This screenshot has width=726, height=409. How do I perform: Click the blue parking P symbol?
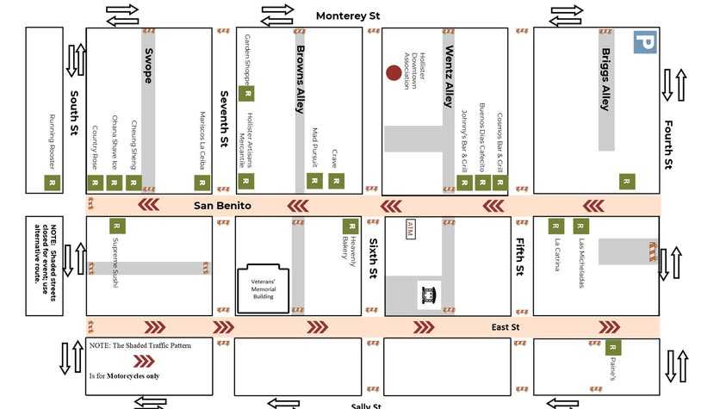[x=644, y=42]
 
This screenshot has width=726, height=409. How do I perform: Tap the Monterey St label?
[x=348, y=15]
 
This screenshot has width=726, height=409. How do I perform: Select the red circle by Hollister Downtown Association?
[x=393, y=73]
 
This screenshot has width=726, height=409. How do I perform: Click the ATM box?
[x=410, y=228]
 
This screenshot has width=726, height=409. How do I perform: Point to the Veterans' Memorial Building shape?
[x=264, y=288]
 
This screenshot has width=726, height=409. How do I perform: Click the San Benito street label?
[x=222, y=206]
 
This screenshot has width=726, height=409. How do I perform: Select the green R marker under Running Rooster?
[x=52, y=183]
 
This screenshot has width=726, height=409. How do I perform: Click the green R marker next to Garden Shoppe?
[x=247, y=93]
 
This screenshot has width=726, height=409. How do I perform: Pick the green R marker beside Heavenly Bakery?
[x=351, y=226]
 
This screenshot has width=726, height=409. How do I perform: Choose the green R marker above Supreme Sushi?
[x=118, y=226]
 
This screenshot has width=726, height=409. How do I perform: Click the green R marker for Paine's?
[x=612, y=347]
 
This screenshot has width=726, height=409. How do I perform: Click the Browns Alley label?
[x=301, y=85]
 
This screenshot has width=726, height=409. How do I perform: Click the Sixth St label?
[x=373, y=258]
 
